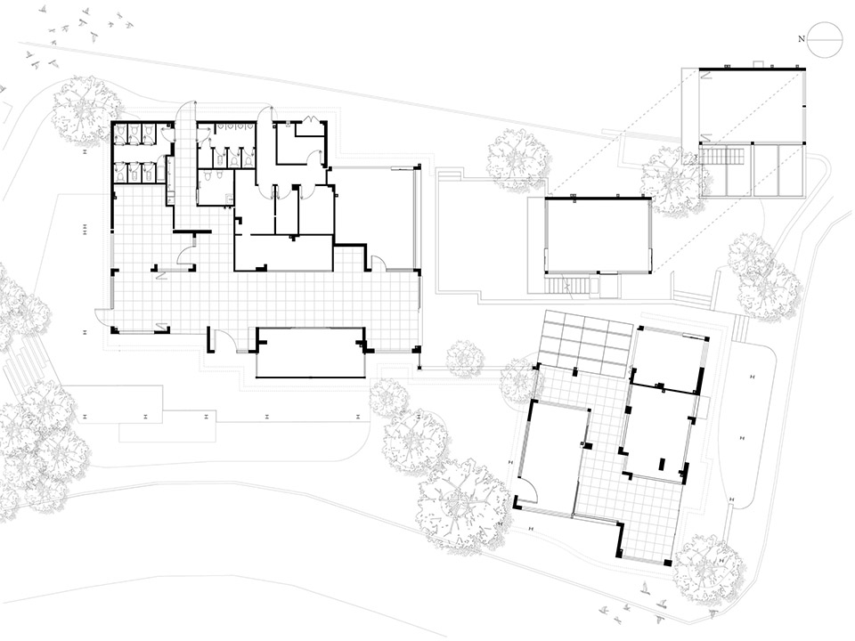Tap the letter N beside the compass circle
[802, 38]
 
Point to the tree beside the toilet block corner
[85, 109]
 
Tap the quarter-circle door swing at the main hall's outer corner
[102, 316]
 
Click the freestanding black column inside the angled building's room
[662, 464]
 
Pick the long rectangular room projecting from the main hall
[310, 353]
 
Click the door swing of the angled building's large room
[525, 488]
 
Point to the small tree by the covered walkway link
[464, 358]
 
